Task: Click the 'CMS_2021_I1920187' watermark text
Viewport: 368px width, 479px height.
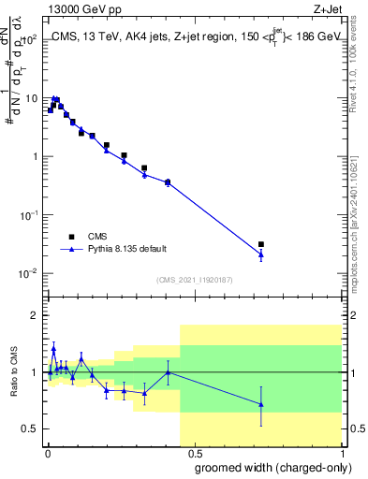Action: click(x=194, y=279)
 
